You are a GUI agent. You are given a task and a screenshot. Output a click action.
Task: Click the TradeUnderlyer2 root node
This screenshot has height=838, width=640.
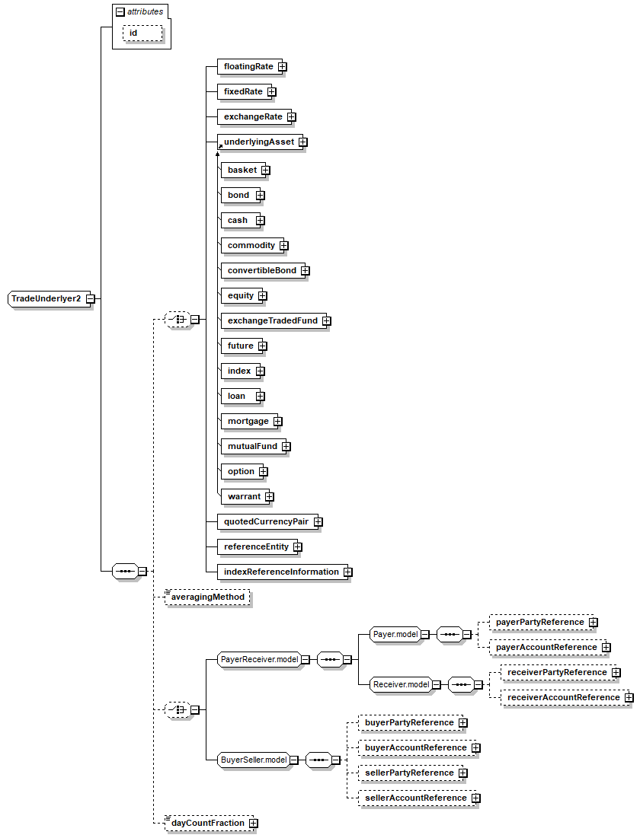tap(46, 298)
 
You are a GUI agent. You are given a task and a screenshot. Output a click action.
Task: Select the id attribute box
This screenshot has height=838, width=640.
tap(142, 33)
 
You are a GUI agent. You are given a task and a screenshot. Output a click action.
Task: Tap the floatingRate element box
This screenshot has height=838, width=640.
tap(249, 66)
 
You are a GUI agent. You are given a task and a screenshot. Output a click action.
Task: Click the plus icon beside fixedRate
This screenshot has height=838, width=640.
tap(272, 92)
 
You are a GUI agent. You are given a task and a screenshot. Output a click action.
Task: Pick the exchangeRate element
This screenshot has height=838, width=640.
tap(254, 116)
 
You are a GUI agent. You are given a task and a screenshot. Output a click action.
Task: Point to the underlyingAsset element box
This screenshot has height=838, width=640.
tap(260, 142)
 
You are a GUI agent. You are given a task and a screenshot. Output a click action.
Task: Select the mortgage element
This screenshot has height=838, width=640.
tap(249, 421)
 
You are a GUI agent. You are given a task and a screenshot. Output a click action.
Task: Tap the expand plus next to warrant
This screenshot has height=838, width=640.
tap(270, 497)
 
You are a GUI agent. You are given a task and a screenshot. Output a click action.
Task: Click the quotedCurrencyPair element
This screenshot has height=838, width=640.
tap(267, 521)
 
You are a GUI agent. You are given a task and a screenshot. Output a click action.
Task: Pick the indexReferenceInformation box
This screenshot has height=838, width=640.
tap(282, 572)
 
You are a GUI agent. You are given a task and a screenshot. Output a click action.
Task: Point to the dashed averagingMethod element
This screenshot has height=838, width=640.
tap(208, 597)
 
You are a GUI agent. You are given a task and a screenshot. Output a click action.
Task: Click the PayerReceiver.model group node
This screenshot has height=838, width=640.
tap(259, 659)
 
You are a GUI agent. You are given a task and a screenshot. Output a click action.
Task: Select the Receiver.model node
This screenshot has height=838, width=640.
tap(401, 684)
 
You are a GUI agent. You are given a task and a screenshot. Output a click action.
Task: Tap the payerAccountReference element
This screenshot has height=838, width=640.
tap(547, 647)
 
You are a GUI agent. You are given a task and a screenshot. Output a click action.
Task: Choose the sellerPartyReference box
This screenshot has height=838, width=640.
tap(410, 773)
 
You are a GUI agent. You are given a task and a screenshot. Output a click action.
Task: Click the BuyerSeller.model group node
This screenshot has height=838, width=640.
tap(254, 760)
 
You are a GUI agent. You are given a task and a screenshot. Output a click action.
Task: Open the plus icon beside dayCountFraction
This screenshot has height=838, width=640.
tap(254, 823)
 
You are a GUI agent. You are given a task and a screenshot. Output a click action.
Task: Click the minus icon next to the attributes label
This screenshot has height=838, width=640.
tap(120, 11)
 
